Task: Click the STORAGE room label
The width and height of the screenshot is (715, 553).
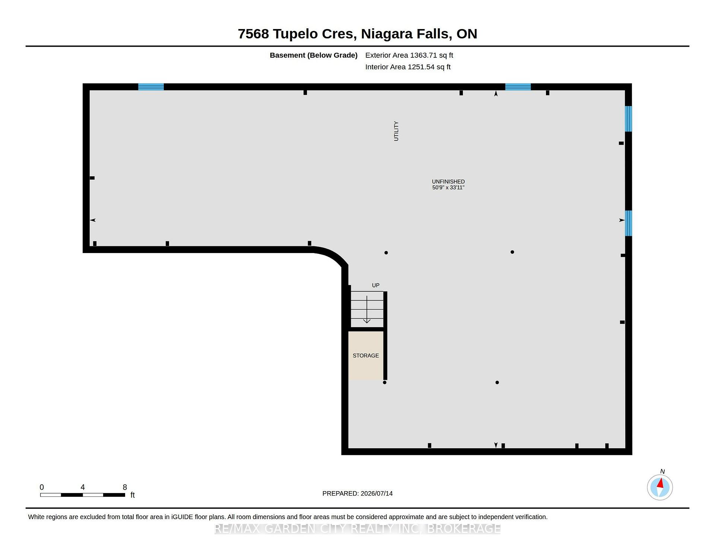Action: tap(366, 355)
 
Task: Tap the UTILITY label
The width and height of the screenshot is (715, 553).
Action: tap(396, 131)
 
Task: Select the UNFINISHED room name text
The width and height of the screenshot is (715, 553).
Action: tap(448, 181)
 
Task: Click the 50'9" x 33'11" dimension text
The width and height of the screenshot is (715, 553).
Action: tap(448, 187)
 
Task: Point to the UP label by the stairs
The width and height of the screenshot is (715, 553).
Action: tap(376, 285)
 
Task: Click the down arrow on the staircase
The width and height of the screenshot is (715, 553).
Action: tap(367, 310)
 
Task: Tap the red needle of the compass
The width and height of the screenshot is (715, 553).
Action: tap(660, 483)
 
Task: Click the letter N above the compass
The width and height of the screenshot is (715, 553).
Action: tap(662, 471)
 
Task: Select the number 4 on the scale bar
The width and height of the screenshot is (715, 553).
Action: tap(83, 487)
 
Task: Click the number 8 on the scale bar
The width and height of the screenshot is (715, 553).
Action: tap(125, 487)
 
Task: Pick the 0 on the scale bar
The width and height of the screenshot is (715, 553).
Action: tap(42, 487)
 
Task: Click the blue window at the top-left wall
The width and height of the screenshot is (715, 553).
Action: tap(151, 87)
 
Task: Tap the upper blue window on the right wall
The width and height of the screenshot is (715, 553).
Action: tap(628, 119)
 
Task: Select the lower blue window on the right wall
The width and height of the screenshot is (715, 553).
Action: tap(628, 223)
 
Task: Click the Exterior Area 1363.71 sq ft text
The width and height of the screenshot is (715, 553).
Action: tap(409, 55)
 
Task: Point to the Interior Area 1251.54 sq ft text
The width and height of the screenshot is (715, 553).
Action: tap(408, 67)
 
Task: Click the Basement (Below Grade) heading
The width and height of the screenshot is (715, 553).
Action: tap(314, 55)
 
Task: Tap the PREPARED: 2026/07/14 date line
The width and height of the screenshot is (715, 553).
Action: tap(357, 493)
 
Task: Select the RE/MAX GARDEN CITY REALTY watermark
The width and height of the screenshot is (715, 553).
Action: tap(357, 528)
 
